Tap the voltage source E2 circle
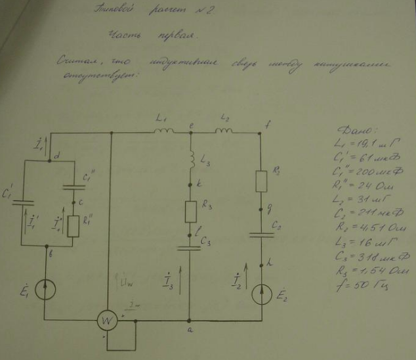[x=262, y=290]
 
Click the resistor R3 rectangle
[x=190, y=211]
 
